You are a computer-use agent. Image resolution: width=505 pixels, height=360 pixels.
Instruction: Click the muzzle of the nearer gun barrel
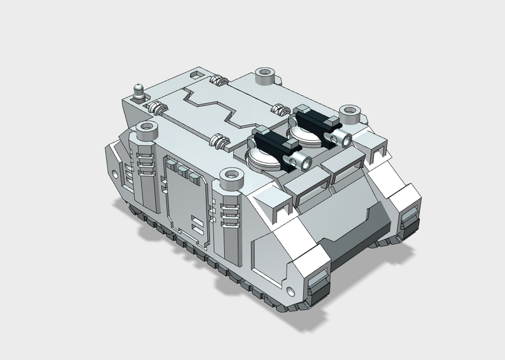pyautogui.click(x=306, y=164)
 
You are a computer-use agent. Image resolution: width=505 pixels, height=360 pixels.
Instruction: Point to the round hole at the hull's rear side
pyautogui.click(x=115, y=172)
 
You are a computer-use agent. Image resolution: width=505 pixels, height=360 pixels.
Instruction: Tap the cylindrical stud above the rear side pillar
pyautogui.click(x=146, y=131)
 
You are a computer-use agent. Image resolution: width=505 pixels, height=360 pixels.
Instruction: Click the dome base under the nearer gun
pyautogui.click(x=265, y=159)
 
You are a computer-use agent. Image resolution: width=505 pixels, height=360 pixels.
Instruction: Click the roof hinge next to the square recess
pyautogui.click(x=218, y=81)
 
